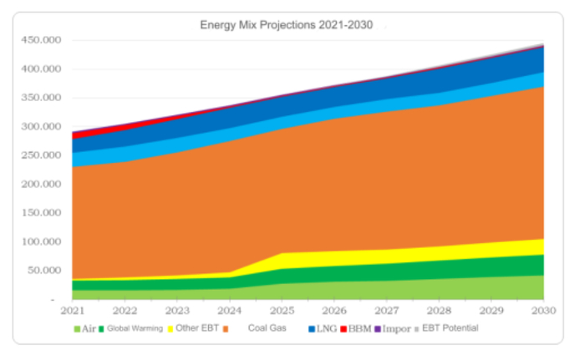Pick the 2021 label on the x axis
tap(73, 311)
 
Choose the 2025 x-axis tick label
tap(282, 311)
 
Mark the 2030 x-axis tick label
tap(543, 311)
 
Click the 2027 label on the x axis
tap(386, 311)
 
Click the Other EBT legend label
tap(197, 328)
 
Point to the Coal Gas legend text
tap(267, 328)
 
